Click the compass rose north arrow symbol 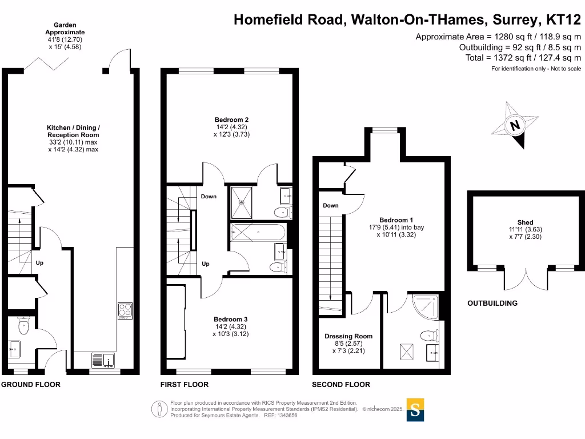coord(515,125)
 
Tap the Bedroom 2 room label coord(231,119)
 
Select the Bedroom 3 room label coord(231,319)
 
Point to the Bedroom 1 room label coord(396,220)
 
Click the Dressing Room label coord(348,336)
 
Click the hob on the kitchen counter coord(125,310)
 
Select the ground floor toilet coord(23,326)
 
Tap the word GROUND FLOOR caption coord(30,385)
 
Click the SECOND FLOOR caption coord(341,385)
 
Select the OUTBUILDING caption coord(492,303)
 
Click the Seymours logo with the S coord(415,409)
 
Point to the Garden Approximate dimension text coord(66,36)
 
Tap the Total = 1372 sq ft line coord(523,58)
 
